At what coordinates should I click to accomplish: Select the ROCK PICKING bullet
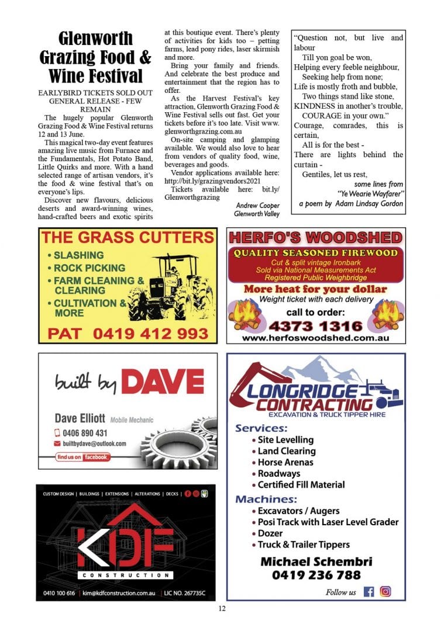point(89,268)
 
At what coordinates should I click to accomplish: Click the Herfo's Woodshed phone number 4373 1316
point(315,325)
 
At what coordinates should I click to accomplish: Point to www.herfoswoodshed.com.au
point(316,338)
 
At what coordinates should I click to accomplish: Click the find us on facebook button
point(82,457)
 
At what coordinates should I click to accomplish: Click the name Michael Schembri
point(316,561)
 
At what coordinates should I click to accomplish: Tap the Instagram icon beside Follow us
point(386,591)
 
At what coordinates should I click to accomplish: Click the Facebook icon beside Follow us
point(369,591)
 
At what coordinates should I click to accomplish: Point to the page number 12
point(222,609)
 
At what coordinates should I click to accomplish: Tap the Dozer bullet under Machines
point(270,533)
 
